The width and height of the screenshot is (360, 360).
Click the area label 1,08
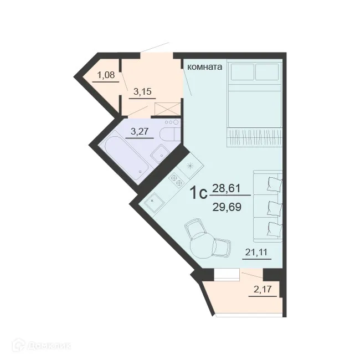tap(107, 74)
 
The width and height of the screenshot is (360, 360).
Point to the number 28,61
tap(226, 188)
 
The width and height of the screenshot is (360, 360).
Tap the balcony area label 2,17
tap(264, 289)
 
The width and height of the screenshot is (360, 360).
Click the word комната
tap(205, 67)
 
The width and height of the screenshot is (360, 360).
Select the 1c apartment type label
tap(198, 194)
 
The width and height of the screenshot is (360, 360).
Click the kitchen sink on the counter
tap(153, 202)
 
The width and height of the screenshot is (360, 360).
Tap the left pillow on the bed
tap(241, 73)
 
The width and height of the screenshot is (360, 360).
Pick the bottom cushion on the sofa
tap(273, 228)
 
